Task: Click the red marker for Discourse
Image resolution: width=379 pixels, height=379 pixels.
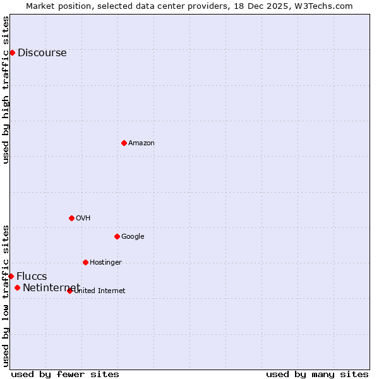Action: [x=12, y=52]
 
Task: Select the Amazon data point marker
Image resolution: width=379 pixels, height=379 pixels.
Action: [x=124, y=143]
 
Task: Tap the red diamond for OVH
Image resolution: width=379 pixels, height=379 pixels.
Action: [x=71, y=218]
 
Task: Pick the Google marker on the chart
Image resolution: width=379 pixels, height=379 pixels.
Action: [x=117, y=236]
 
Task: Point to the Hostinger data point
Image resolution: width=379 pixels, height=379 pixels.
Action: [x=85, y=262]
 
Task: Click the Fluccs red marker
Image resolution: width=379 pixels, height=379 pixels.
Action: [x=11, y=276]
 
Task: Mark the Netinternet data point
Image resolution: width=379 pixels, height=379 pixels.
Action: [x=17, y=288]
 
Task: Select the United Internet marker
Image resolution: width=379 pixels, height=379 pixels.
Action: [x=69, y=291]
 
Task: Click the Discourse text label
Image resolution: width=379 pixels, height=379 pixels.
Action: [x=42, y=53]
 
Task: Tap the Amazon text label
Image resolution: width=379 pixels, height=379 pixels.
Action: [x=141, y=143]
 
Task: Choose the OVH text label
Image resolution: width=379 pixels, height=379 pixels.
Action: [x=83, y=219]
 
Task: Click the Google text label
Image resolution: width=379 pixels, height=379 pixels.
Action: [x=133, y=237]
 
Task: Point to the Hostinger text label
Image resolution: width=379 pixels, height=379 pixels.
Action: [x=105, y=263]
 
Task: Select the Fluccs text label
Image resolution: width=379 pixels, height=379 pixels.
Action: [x=32, y=277]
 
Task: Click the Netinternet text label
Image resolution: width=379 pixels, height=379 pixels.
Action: [x=51, y=289]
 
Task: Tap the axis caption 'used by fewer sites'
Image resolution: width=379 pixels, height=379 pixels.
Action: [x=65, y=374]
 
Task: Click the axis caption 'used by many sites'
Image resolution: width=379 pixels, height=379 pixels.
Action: [x=317, y=374]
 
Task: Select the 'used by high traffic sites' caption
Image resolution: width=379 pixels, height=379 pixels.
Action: [x=6, y=90]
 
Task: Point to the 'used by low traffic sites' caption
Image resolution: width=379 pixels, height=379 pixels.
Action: [x=6, y=295]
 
